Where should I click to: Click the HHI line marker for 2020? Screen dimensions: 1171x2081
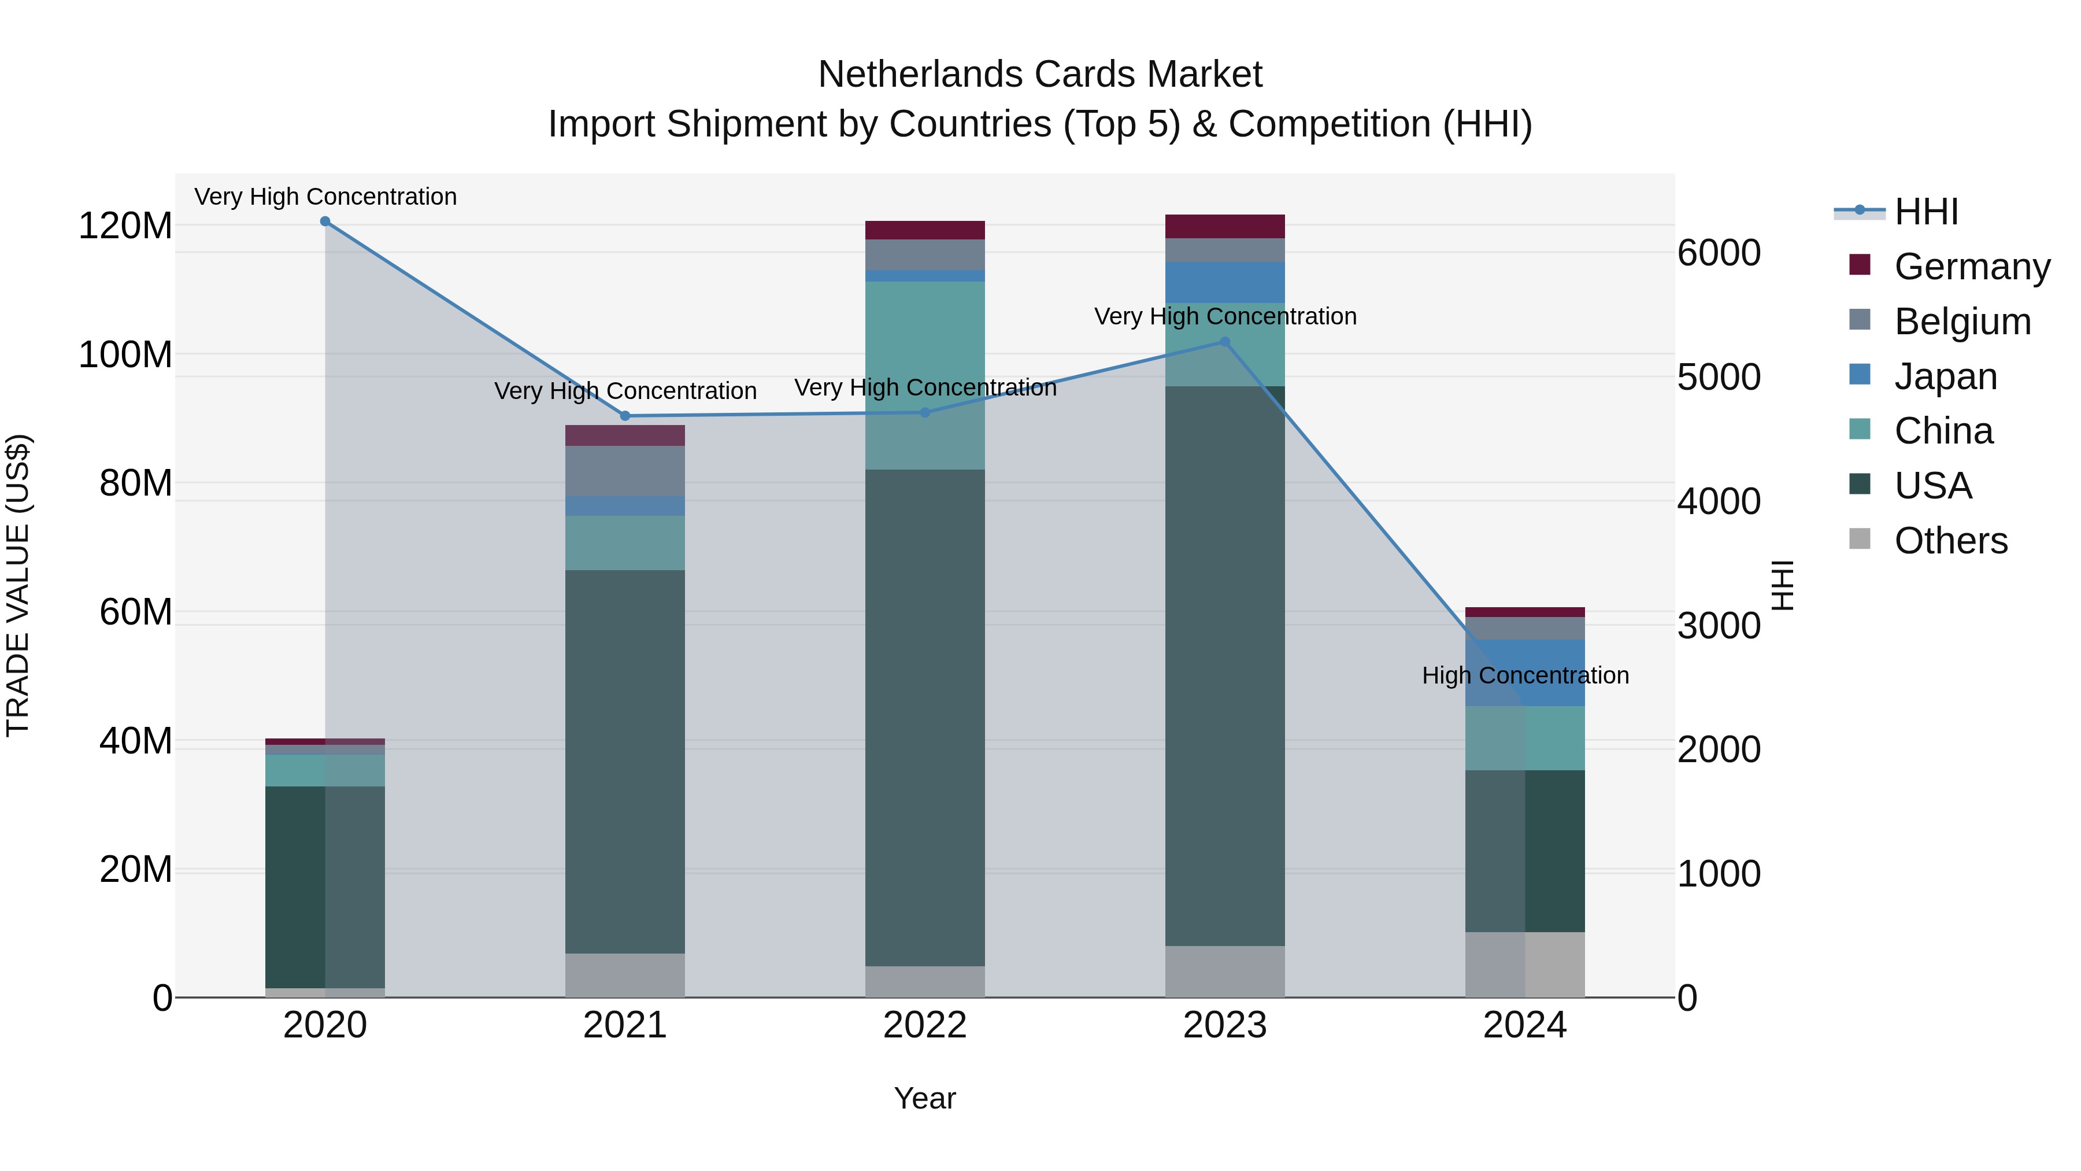click(x=325, y=221)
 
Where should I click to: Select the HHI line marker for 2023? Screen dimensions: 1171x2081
click(x=1225, y=342)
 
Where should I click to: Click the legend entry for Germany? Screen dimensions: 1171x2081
click(x=1971, y=267)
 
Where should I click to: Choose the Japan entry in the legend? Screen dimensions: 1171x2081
click(x=1945, y=376)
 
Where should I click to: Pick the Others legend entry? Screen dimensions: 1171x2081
click(x=1950, y=541)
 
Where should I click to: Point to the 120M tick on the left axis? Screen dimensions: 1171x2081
click(x=125, y=226)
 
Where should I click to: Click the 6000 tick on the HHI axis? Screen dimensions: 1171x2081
click(x=1719, y=253)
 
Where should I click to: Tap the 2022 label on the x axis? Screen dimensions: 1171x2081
click(x=924, y=1025)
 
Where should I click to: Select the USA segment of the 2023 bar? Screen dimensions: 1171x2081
click(x=1225, y=663)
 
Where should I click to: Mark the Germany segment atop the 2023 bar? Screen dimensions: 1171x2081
click(x=1225, y=226)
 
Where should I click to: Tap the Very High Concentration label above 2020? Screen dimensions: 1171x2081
click(x=325, y=197)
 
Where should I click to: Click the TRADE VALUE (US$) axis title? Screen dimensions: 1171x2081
click(x=18, y=585)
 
